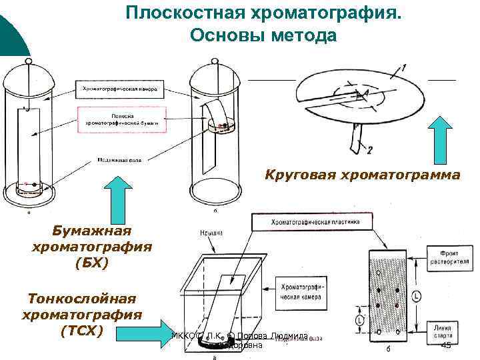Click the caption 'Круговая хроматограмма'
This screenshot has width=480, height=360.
[363, 175]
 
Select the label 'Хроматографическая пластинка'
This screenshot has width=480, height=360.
[315, 222]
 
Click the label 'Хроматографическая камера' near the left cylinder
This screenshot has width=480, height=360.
[118, 88]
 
